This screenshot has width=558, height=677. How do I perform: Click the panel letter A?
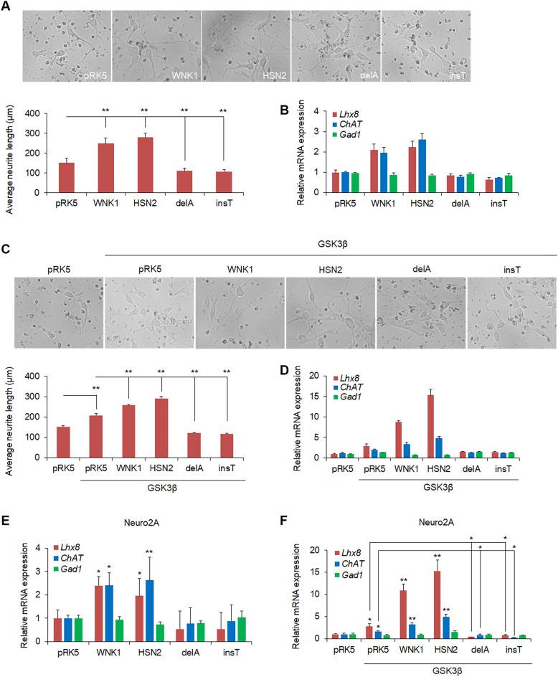click(7, 6)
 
